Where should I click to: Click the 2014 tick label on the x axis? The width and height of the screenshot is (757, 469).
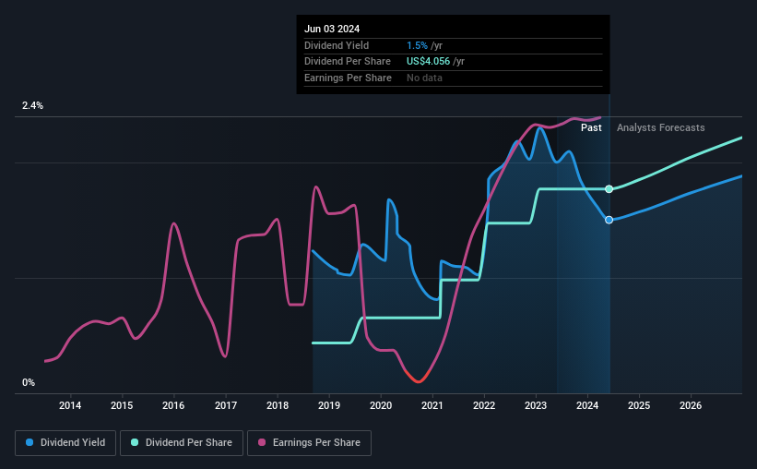(70, 405)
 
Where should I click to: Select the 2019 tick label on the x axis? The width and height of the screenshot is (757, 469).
(329, 405)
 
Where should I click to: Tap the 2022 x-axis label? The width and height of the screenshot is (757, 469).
(484, 405)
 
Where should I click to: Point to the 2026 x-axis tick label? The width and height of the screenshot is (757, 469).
(691, 405)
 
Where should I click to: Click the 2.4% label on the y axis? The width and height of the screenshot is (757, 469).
(32, 105)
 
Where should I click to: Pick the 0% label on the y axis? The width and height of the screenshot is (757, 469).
(29, 382)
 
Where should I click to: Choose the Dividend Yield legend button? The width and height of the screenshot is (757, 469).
(65, 443)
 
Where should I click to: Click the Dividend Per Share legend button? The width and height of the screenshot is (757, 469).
(182, 443)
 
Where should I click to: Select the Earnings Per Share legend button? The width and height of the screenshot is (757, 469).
(309, 443)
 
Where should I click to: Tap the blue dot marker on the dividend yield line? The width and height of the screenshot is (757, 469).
(609, 220)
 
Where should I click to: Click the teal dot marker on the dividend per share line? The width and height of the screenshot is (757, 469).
(609, 189)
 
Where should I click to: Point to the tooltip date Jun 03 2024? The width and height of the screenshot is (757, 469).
(332, 29)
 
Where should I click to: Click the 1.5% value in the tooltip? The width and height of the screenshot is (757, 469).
(417, 45)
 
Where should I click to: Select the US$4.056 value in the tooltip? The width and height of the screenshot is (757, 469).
(428, 62)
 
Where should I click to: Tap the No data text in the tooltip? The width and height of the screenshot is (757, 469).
(424, 78)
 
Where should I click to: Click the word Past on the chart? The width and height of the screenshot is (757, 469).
(591, 127)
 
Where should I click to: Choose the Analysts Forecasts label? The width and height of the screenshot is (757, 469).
(660, 127)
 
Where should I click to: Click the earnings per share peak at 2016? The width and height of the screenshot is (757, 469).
(173, 223)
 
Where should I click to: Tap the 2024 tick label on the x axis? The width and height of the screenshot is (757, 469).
(587, 405)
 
